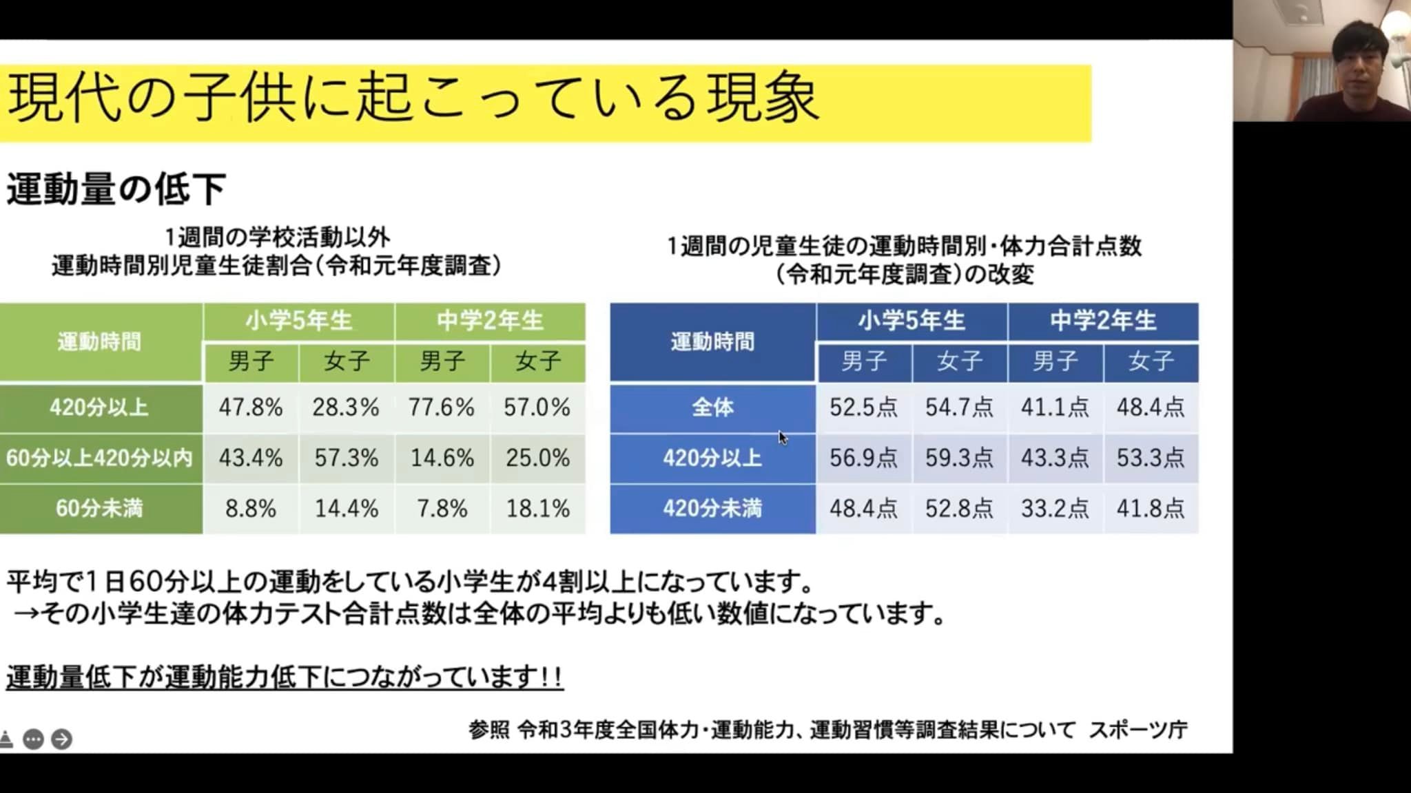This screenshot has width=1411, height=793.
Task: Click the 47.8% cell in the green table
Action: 251,408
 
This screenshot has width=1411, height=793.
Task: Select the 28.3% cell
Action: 346,408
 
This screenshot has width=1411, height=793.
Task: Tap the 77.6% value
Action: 442,408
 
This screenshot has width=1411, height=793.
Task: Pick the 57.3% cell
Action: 346,458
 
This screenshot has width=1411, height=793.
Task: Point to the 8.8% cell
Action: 251,509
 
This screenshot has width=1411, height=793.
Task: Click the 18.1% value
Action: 537,509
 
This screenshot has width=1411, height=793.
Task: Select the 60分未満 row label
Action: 100,509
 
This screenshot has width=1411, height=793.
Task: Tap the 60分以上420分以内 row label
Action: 100,458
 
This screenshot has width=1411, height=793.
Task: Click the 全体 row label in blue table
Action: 712,408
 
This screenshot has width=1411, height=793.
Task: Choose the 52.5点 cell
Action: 864,408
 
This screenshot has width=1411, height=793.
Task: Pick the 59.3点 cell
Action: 959,458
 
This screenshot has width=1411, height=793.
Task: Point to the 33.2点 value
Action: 1055,509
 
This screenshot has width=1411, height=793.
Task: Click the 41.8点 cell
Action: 1151,509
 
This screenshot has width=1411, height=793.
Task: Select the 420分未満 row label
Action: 712,509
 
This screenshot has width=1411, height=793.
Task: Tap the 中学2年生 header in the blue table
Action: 1103,321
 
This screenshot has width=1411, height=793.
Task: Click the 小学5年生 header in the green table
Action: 299,321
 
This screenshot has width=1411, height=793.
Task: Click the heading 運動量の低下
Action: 116,189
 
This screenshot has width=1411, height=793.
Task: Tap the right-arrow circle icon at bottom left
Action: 61,739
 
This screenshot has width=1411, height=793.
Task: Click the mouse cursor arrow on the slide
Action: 783,438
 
